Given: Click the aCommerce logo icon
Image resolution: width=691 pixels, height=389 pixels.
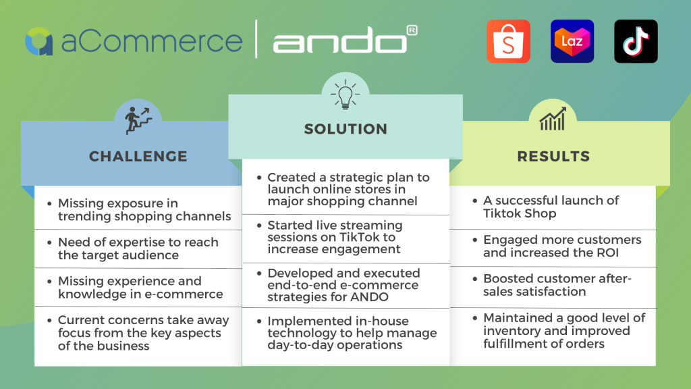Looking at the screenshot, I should tap(39, 41).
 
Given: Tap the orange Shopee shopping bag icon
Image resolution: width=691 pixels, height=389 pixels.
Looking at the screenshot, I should tap(508, 41).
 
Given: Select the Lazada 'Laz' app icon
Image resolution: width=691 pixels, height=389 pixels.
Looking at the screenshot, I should tap(572, 41).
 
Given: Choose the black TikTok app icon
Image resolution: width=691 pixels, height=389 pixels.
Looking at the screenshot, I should tap(636, 41).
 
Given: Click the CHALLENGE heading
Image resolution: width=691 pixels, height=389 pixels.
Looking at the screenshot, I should tap(138, 157).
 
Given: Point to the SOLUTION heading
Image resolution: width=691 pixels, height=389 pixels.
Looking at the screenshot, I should tap(345, 129).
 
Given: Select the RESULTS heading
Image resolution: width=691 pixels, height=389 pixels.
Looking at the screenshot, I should tap(553, 157).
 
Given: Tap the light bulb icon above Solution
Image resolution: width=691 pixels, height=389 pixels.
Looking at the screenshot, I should tap(345, 95).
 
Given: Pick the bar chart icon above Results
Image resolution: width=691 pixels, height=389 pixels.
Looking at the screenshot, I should tap(552, 120).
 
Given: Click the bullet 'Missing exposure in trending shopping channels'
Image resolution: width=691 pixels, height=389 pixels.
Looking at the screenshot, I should tap(144, 210).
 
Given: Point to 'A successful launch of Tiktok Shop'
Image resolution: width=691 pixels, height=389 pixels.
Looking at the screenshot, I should tap(551, 207).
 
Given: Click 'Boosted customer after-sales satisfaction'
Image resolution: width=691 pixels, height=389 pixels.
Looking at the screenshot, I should tap(557, 285).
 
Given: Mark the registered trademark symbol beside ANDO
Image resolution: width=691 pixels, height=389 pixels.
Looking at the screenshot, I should tap(412, 30).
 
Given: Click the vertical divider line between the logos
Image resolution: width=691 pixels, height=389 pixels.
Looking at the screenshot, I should tap(257, 39).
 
